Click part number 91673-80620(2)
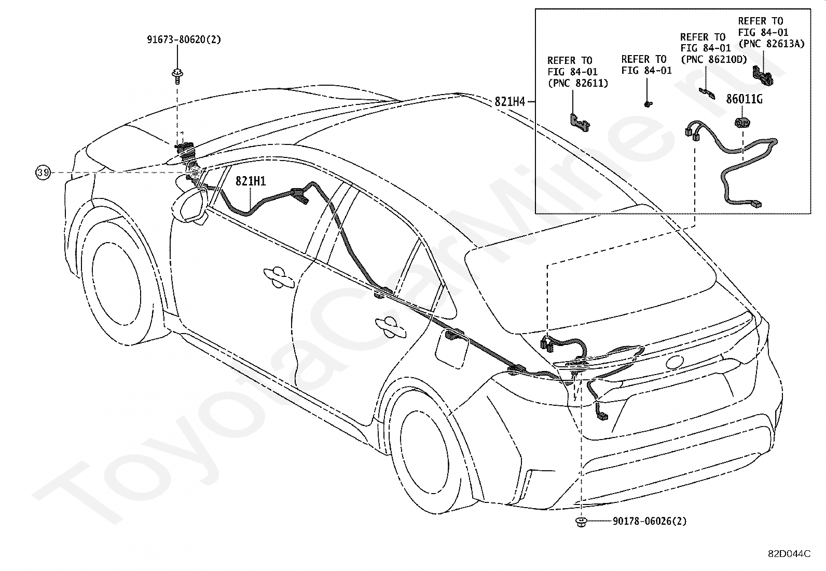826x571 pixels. click(x=184, y=39)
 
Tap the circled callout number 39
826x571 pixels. click(x=43, y=172)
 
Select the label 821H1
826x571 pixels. click(x=251, y=181)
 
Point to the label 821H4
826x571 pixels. click(x=510, y=101)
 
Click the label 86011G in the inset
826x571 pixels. click(x=744, y=99)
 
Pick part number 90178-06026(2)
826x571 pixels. click(x=650, y=521)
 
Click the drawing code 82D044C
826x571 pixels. click(x=789, y=554)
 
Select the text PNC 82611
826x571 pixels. click(x=578, y=83)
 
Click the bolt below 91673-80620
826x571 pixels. click(x=177, y=77)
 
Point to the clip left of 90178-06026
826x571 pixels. click(x=581, y=522)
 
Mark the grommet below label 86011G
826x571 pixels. click(x=742, y=122)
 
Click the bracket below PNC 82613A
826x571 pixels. click(x=763, y=75)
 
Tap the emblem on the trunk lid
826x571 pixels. click(x=674, y=362)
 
